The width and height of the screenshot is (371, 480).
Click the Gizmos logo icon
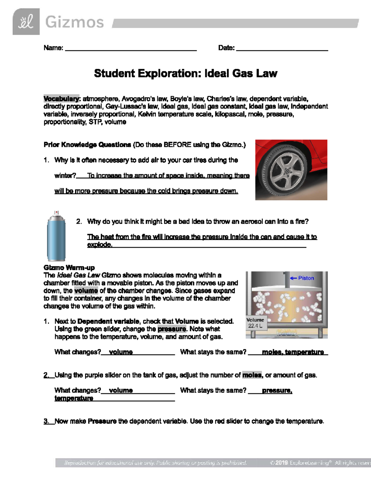[26, 22]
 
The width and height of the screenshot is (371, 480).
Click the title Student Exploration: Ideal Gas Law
[185, 74]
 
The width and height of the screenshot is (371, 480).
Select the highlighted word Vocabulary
[61, 99]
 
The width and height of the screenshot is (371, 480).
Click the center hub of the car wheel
[287, 171]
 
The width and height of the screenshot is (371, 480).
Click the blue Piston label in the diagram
[306, 278]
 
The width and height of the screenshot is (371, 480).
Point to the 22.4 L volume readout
[255, 326]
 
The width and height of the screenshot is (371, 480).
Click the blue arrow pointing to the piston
[293, 278]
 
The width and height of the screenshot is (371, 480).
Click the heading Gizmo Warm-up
[69, 268]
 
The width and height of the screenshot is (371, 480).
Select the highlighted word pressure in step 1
[172, 329]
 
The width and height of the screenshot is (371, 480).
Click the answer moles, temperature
[292, 352]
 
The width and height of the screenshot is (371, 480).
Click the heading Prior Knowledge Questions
[87, 145]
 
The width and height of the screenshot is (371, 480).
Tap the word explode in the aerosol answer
[99, 245]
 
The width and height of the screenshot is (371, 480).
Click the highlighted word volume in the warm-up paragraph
[86, 291]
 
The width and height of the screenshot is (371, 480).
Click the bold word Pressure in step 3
[102, 421]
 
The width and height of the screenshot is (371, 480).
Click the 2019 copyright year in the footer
[282, 463]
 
